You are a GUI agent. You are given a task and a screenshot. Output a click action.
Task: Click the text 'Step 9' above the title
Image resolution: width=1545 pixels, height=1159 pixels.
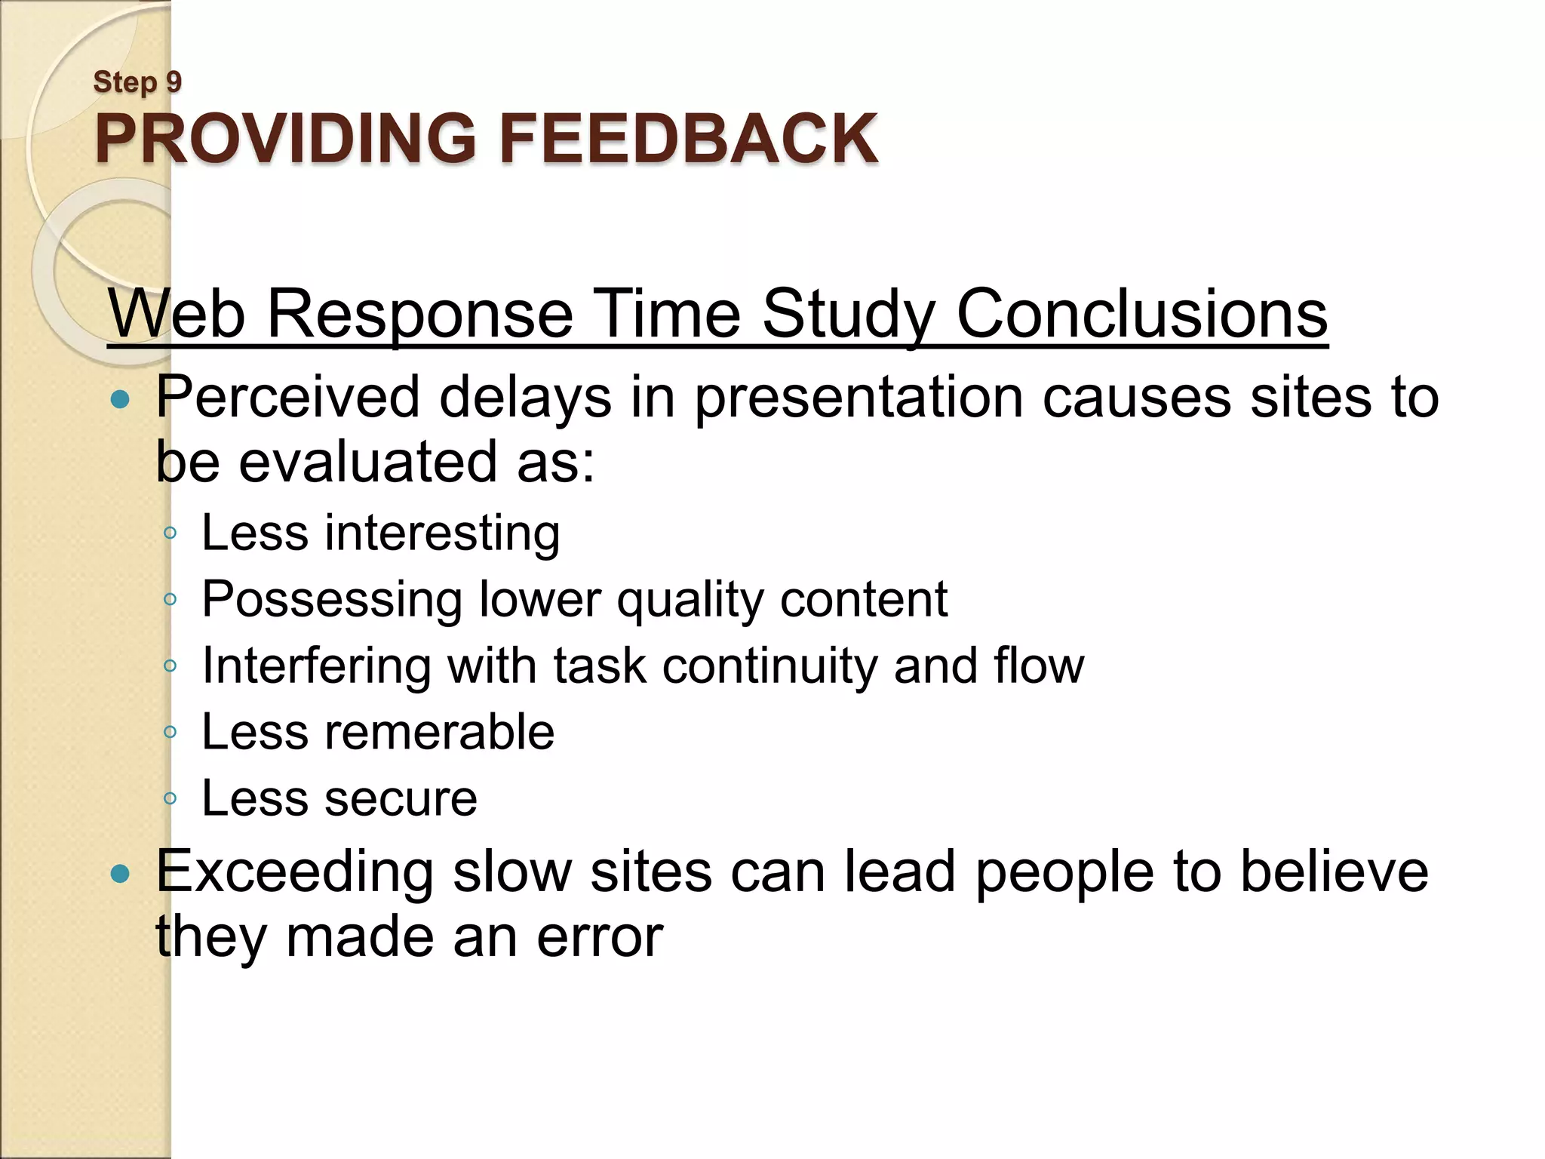[137, 82]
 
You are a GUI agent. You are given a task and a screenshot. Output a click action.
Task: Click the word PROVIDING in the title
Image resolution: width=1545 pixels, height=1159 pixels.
[285, 139]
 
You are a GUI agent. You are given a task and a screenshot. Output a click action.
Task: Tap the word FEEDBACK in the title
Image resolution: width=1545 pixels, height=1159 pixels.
[688, 139]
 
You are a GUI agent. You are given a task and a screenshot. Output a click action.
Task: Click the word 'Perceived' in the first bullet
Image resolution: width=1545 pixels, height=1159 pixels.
[287, 397]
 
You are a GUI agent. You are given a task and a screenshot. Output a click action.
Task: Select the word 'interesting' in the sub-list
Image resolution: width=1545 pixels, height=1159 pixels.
[442, 533]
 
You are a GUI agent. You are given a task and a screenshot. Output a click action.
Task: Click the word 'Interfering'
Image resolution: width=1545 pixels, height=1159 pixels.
[316, 666]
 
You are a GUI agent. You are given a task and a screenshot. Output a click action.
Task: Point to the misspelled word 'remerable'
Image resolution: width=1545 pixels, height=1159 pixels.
[439, 732]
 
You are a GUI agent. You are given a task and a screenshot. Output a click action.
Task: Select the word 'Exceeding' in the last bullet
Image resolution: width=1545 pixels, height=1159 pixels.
[294, 872]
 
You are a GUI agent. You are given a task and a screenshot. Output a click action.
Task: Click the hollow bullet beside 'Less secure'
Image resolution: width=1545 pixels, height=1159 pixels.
[170, 798]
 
